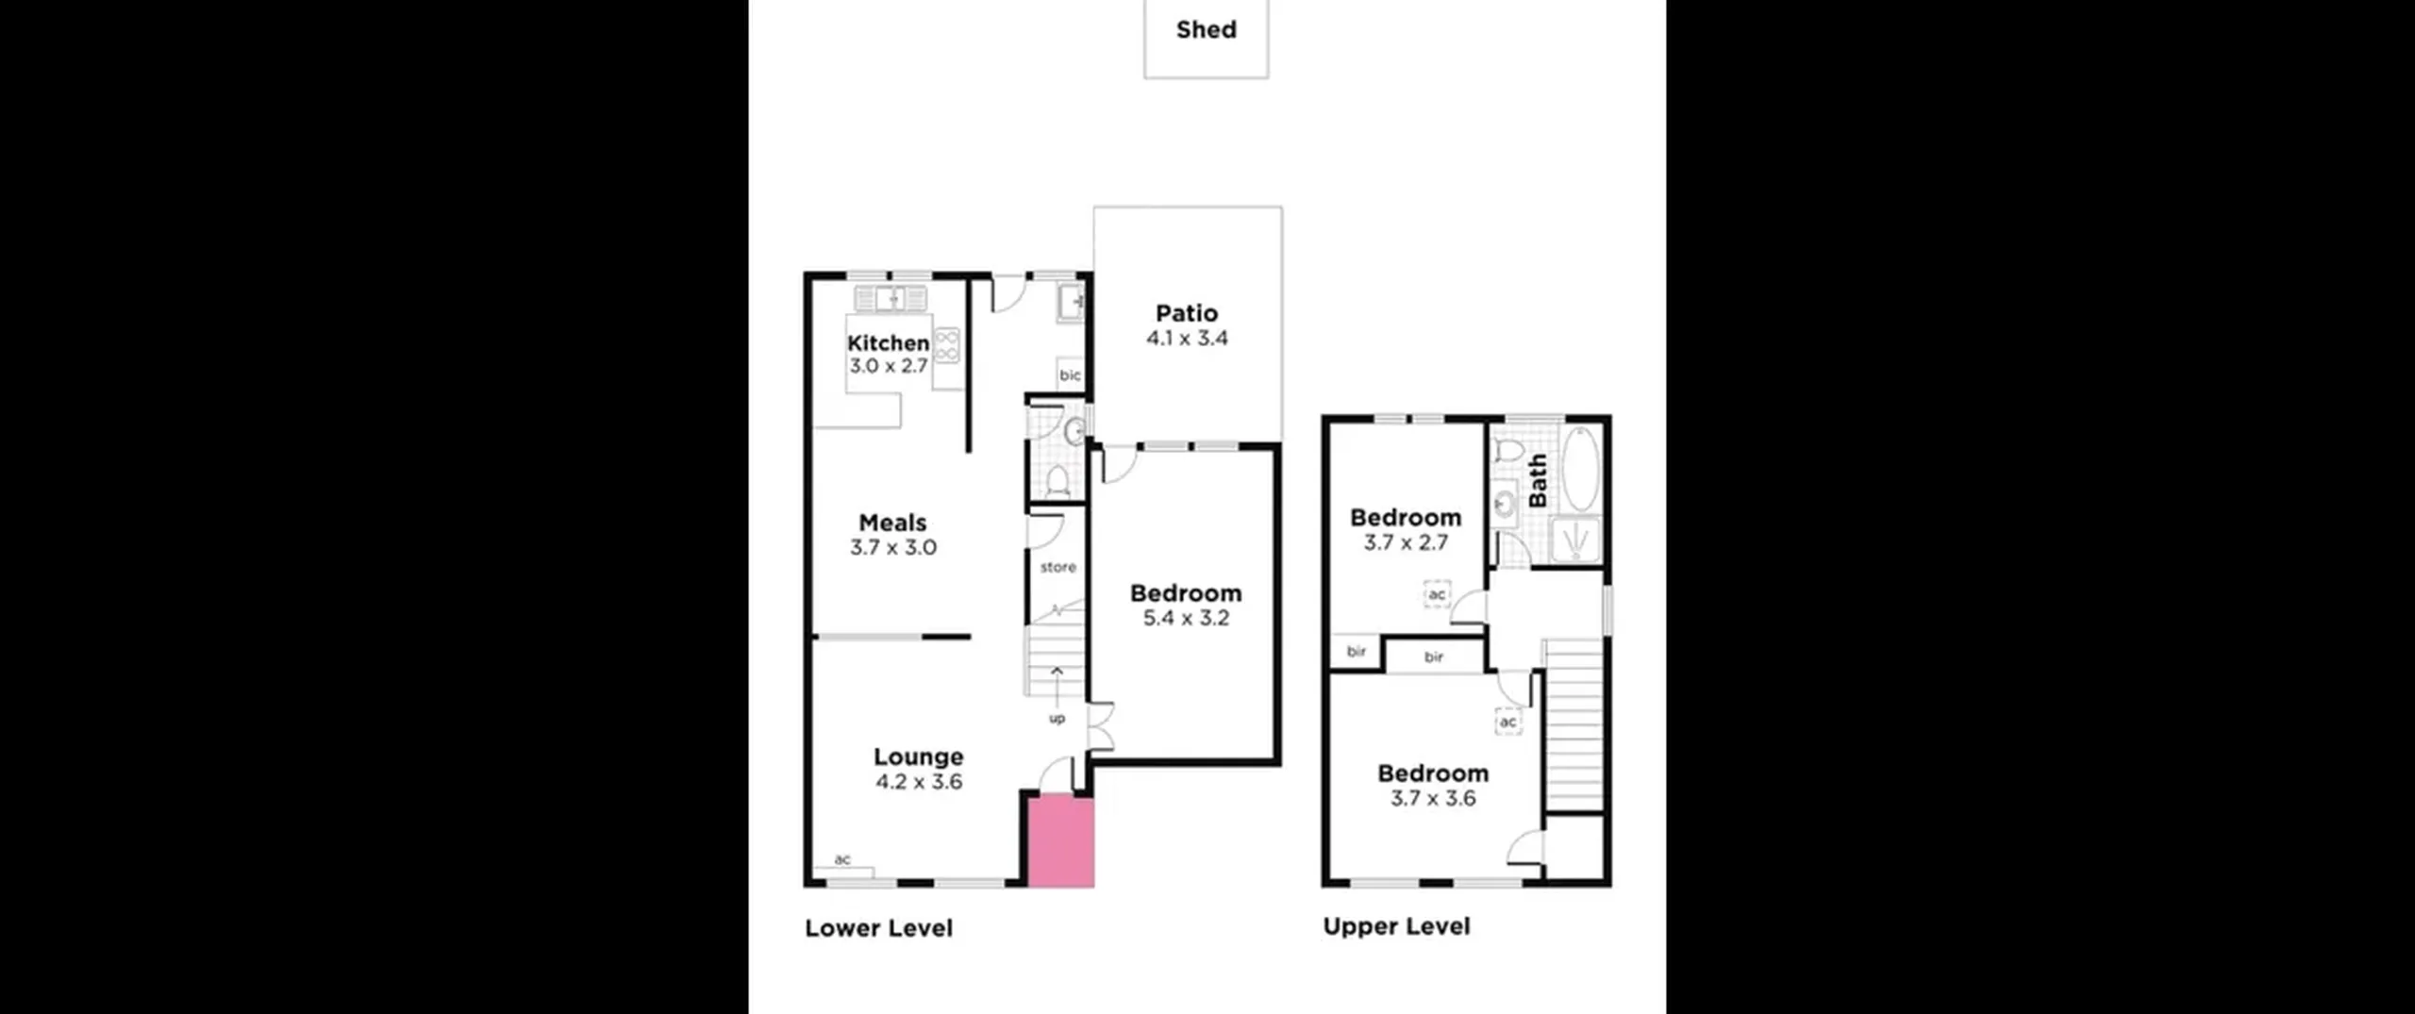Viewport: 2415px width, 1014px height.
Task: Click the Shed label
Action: [x=1206, y=30]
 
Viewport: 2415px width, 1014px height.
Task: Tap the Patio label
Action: [x=1187, y=313]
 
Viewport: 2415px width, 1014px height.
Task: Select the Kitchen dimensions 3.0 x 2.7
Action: [x=889, y=366]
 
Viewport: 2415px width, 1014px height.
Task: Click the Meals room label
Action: [x=892, y=523]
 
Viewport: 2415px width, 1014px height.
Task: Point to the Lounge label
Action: [x=918, y=756]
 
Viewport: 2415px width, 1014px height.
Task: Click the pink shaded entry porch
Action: [x=1060, y=842]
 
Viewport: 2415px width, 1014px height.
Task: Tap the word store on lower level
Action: [x=1058, y=568]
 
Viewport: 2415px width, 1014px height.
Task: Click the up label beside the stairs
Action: [x=1057, y=719]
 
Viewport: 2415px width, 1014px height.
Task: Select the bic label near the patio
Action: [x=1070, y=375]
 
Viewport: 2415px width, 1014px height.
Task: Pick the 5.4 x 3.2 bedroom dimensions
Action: [x=1186, y=619]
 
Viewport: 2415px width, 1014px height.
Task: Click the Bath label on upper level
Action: [x=1538, y=480]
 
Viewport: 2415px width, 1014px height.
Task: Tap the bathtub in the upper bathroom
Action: [x=1580, y=469]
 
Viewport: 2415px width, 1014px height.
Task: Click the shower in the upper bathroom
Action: [x=1575, y=540]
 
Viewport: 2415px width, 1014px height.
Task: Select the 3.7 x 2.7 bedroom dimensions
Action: [x=1406, y=543]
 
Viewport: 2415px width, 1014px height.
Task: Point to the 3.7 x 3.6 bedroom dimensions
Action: [x=1433, y=799]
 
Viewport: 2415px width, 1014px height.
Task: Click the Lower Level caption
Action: [x=878, y=928]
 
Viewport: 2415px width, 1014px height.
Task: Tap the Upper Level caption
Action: [x=1396, y=926]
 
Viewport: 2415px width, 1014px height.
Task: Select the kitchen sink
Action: [x=890, y=299]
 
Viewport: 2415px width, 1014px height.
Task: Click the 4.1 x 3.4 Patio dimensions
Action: [x=1187, y=339]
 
